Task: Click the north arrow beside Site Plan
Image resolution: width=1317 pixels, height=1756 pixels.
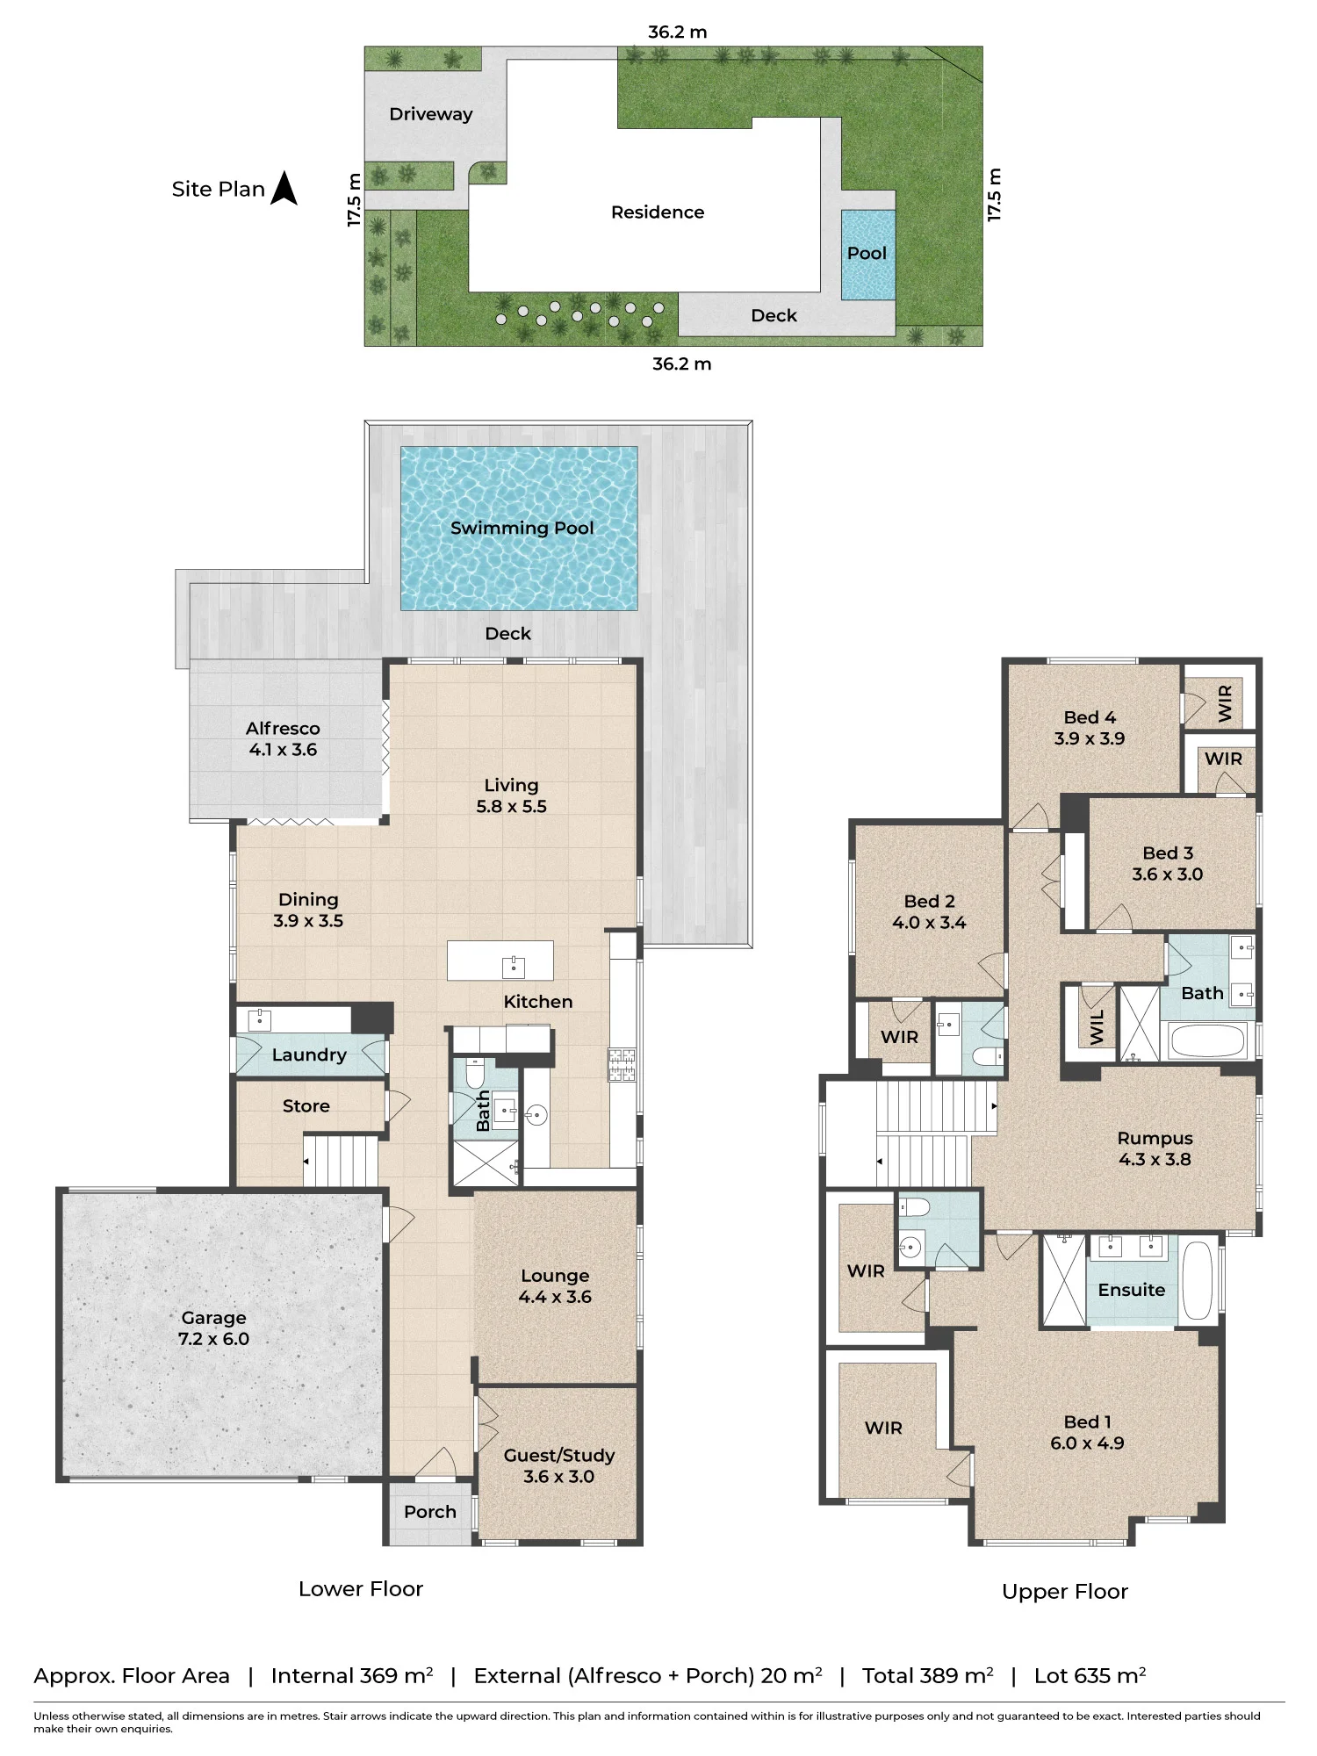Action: click(x=284, y=189)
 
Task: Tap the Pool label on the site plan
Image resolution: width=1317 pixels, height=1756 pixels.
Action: click(x=867, y=253)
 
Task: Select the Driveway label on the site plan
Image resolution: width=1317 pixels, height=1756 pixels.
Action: click(x=430, y=114)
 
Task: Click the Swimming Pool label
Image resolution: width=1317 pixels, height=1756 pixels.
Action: click(x=522, y=528)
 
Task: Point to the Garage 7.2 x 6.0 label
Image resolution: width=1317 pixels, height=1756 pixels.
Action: click(x=213, y=1328)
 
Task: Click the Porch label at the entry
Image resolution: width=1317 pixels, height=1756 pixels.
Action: click(x=430, y=1511)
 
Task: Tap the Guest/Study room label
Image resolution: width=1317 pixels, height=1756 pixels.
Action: click(x=558, y=1465)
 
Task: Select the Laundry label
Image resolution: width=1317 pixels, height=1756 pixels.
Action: click(x=309, y=1054)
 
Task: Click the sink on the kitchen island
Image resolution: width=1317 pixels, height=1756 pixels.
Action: click(x=514, y=967)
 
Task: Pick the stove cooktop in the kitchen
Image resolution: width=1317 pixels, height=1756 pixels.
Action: click(x=623, y=1064)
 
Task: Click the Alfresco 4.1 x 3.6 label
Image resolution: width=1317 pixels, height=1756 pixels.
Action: click(x=283, y=738)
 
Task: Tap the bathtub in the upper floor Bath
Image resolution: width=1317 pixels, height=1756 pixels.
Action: click(x=1208, y=1041)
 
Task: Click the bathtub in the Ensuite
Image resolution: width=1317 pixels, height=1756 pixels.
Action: click(x=1198, y=1280)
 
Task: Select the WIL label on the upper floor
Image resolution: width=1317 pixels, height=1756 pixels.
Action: click(x=1097, y=1026)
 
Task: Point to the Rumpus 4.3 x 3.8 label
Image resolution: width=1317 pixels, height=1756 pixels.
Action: click(x=1155, y=1148)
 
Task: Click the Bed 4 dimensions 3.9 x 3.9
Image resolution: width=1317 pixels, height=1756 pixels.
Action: click(x=1090, y=738)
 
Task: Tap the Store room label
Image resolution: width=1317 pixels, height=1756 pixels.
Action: click(x=306, y=1105)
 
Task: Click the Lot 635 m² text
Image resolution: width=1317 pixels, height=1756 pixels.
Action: click(x=1090, y=1675)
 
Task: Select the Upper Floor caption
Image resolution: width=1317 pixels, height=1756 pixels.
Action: click(x=1065, y=1591)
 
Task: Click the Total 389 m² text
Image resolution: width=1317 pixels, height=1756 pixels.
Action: click(x=927, y=1675)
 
